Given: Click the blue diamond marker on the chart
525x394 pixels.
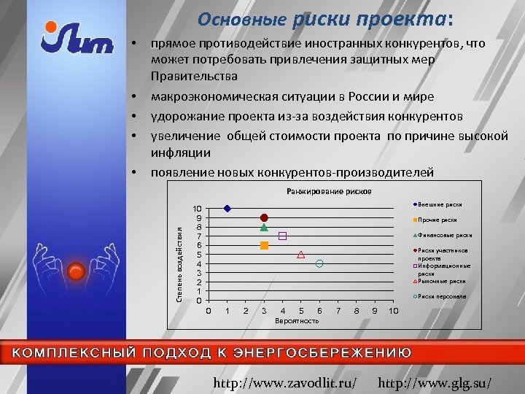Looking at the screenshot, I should [x=227, y=209].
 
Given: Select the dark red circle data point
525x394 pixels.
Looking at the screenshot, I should [x=264, y=217].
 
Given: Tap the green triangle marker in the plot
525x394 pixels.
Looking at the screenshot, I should [x=264, y=228].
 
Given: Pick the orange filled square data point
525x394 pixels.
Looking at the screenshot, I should [x=264, y=246].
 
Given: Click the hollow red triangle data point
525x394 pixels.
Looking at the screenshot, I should [x=301, y=255].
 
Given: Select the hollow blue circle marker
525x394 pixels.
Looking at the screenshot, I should [x=319, y=263].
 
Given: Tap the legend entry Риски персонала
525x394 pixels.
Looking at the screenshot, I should [x=442, y=296].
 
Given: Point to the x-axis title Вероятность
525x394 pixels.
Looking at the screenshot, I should [x=297, y=321].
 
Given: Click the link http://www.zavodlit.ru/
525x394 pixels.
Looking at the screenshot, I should [x=284, y=382].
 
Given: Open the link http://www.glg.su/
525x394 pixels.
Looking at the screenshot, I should [x=435, y=382].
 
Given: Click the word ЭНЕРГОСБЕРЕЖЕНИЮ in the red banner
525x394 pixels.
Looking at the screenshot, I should [x=318, y=352].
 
